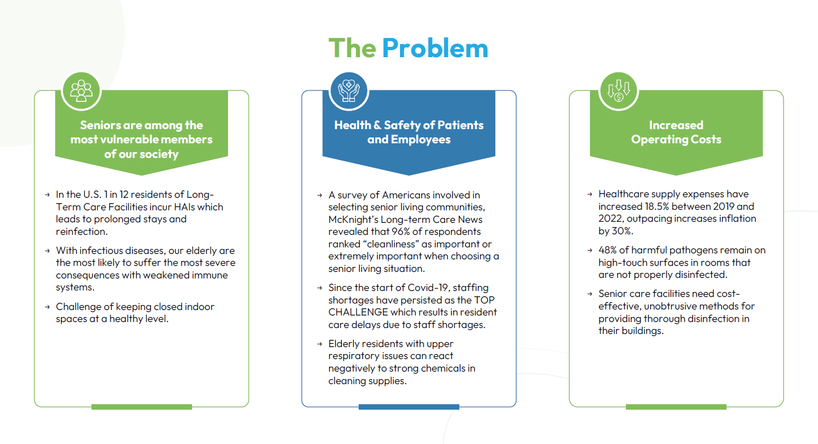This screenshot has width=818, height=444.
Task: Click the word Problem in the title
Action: (435, 48)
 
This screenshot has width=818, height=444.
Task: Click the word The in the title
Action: (352, 48)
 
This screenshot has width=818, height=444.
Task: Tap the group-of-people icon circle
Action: (81, 90)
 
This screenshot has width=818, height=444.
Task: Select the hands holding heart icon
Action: (349, 90)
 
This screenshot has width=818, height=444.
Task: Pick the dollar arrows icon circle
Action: (618, 90)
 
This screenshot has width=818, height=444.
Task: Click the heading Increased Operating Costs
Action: (676, 132)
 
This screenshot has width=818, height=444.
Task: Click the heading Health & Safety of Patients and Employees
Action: (409, 132)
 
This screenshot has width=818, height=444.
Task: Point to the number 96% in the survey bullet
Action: (400, 232)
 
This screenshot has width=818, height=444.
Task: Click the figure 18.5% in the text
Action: (656, 206)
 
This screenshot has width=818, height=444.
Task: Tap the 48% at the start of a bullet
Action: (607, 250)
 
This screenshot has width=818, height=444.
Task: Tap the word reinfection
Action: (82, 232)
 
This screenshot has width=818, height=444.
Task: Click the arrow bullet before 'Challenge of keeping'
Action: (47, 307)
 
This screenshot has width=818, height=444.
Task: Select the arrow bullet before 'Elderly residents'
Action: (319, 344)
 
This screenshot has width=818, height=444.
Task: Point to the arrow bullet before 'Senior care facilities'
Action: (590, 294)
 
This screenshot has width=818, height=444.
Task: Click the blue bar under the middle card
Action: (409, 407)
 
